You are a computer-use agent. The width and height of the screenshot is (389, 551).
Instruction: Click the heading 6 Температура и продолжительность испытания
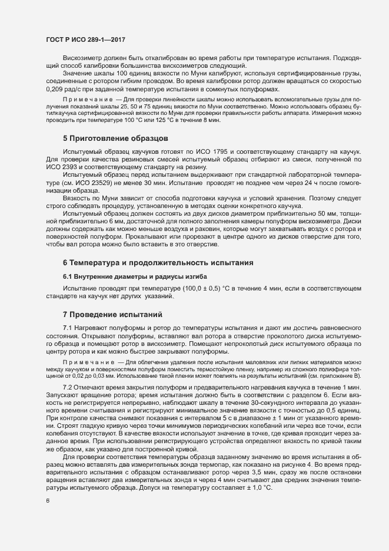coord(158,261)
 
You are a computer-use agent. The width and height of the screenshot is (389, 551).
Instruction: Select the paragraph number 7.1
coord(67,327)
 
